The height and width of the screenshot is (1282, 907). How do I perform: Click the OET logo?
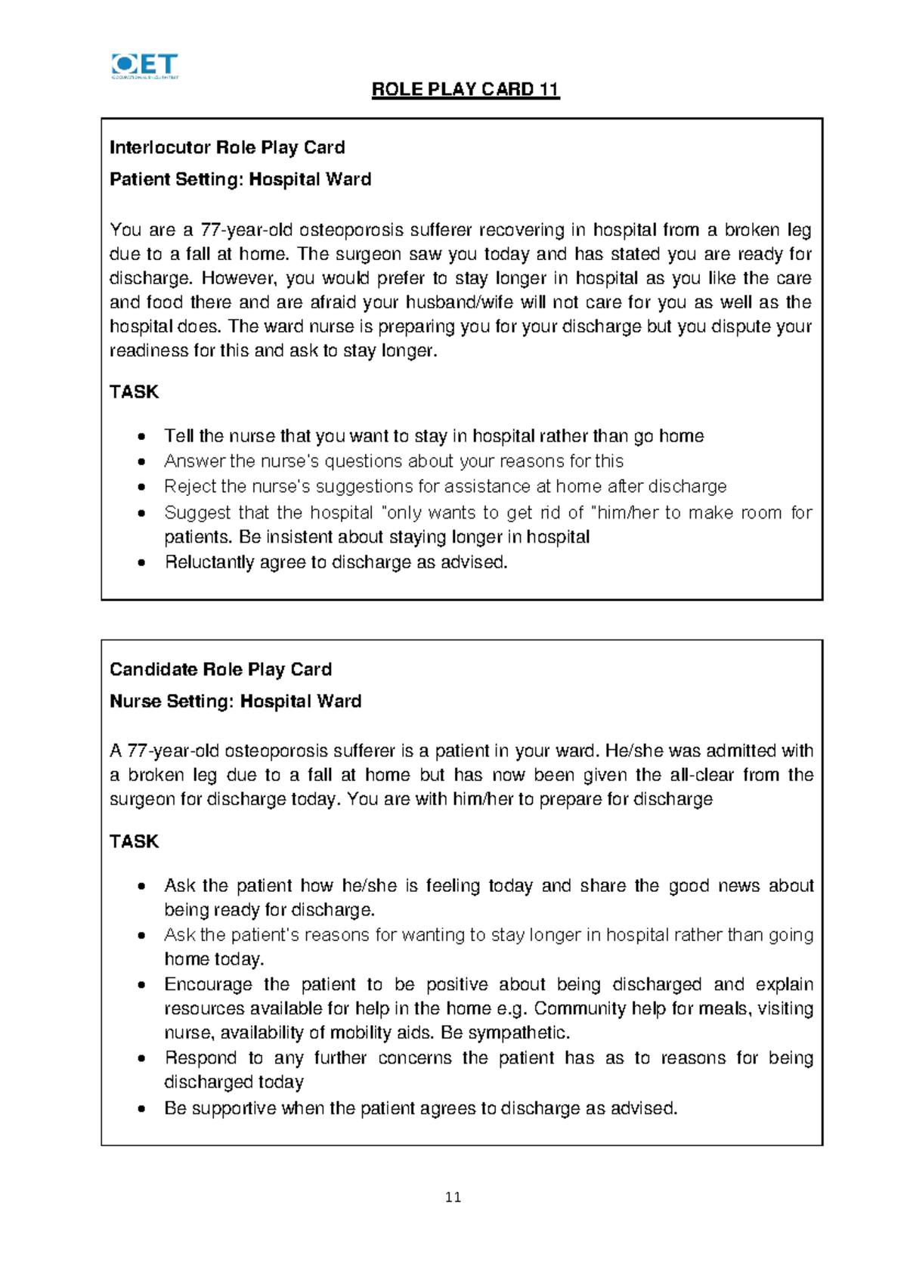click(x=144, y=66)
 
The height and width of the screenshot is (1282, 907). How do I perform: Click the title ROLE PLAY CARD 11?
click(x=465, y=90)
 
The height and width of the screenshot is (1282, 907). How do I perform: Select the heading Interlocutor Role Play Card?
click(x=227, y=147)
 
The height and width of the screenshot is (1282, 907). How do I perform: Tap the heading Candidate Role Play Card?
click(x=221, y=670)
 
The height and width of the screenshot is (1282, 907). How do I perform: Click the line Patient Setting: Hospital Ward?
click(x=240, y=180)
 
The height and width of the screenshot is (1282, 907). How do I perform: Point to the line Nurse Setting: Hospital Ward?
click(x=235, y=701)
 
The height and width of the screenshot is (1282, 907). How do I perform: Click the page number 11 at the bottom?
click(x=453, y=1197)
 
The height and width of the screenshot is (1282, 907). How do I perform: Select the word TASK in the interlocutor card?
click(x=134, y=392)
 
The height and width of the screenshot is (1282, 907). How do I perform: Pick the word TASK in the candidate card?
click(x=134, y=842)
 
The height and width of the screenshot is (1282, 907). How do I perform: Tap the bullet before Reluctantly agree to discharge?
click(x=141, y=563)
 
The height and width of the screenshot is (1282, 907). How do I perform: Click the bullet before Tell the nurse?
click(x=141, y=437)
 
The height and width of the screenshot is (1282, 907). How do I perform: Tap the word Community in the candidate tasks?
click(x=580, y=1009)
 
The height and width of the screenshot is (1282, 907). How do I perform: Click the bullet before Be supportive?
click(x=141, y=1109)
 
